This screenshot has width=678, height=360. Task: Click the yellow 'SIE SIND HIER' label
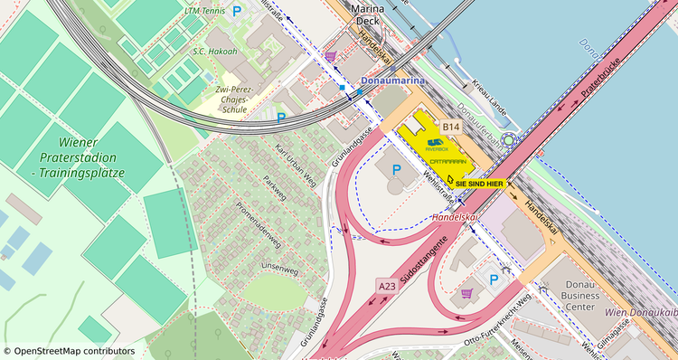click(478, 184)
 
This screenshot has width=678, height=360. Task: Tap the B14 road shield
click(451, 128)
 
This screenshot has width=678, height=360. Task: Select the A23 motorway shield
click(387, 286)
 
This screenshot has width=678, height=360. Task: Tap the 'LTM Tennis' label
click(203, 12)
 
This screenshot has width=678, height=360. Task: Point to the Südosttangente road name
click(424, 257)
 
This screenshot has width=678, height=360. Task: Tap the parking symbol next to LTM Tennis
click(237, 12)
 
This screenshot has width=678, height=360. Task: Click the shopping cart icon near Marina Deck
click(332, 56)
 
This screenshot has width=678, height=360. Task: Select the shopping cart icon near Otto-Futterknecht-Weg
click(466, 293)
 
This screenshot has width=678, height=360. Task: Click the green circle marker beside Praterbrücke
click(509, 140)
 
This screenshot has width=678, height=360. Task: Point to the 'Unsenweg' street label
click(278, 269)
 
